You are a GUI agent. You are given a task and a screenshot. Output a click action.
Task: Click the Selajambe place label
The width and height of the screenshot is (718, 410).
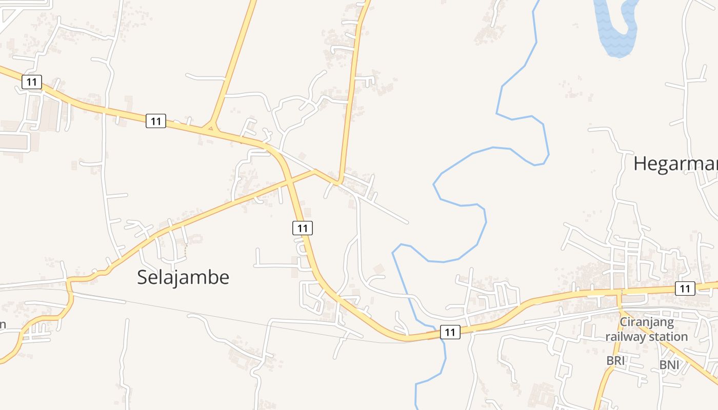tap(183, 277)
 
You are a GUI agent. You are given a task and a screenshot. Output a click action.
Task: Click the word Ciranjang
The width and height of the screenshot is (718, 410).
tap(647, 322)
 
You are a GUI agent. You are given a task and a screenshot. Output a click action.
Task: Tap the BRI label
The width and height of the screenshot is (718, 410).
tap(615, 360)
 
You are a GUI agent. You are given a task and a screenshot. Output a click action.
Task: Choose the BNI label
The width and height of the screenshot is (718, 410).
tap(669, 364)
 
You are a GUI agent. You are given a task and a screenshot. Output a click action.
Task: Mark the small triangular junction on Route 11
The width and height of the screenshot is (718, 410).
tap(209, 127)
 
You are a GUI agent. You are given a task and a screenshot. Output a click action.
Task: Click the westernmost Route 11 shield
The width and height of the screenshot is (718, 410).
tap(32, 81)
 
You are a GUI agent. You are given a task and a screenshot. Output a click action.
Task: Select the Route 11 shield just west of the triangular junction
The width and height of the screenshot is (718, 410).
tap(156, 121)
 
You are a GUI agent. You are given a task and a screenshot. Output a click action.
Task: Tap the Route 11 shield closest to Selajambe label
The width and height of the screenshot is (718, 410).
tap(303, 228)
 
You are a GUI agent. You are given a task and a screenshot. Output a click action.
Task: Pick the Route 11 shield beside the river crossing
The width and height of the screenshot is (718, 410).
tap(450, 332)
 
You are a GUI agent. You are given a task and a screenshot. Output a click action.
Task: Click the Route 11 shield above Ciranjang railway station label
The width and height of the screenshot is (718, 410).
tap(685, 289)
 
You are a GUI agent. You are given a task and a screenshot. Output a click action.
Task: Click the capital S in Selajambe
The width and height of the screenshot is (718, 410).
tap(142, 277)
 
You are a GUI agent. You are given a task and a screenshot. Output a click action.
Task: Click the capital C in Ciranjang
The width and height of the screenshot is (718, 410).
tap(624, 322)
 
